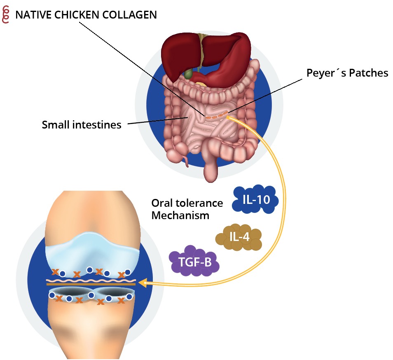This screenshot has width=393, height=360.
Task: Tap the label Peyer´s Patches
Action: pos(347,73)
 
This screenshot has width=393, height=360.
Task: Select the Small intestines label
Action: pos(82,124)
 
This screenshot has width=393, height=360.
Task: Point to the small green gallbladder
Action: pos(188,75)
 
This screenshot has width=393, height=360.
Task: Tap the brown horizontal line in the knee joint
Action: pos(91,284)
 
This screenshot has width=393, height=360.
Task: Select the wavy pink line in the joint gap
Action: pos(91,279)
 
